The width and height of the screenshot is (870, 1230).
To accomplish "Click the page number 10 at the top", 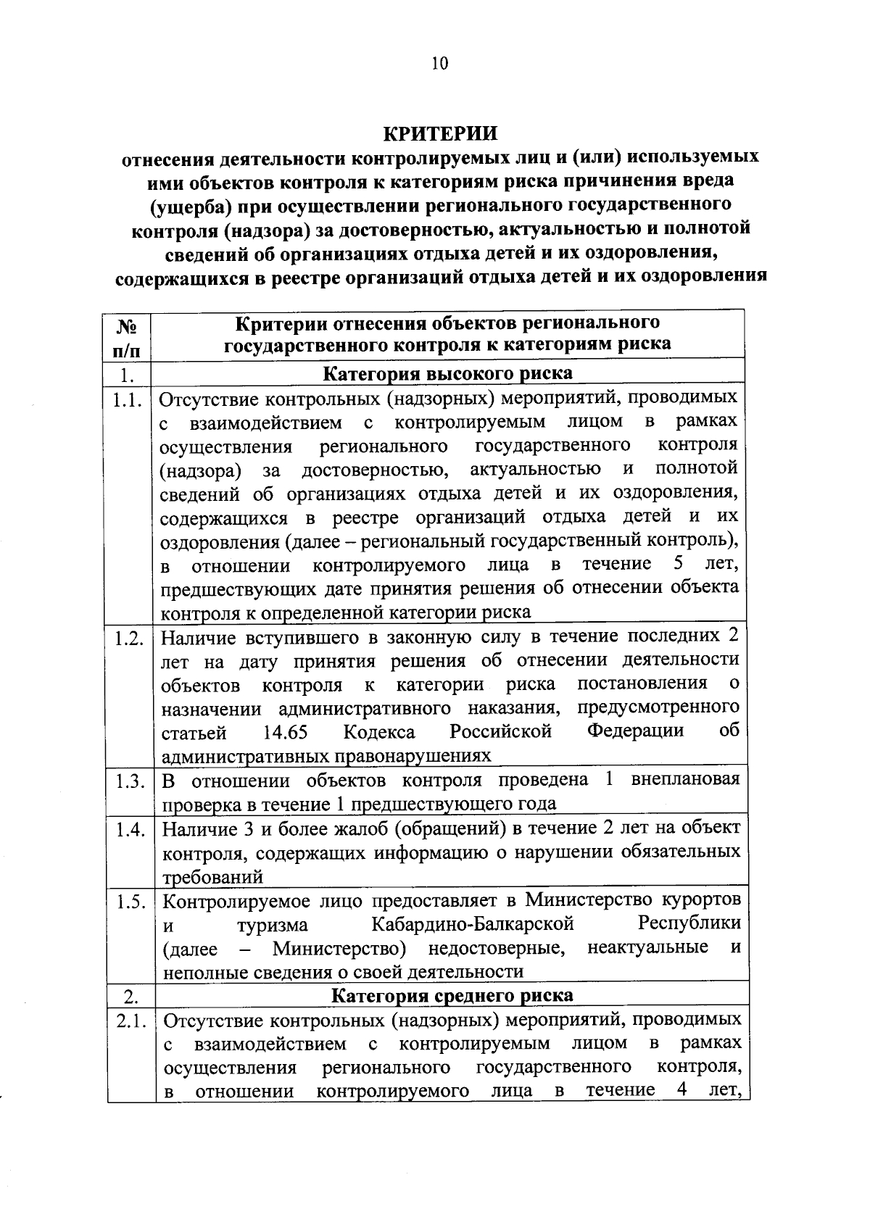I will pyautogui.click(x=440, y=64).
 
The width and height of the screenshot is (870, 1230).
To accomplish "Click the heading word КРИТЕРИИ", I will pyautogui.click(x=440, y=134).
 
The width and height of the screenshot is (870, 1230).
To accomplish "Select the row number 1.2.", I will pyautogui.click(x=128, y=639).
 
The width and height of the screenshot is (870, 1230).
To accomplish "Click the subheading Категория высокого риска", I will pyautogui.click(x=447, y=374).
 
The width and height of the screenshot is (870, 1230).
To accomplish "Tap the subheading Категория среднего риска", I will pyautogui.click(x=452, y=996).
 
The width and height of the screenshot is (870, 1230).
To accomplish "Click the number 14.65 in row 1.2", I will pyautogui.click(x=285, y=732).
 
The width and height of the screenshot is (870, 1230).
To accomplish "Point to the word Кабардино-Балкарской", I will pyautogui.click(x=473, y=926).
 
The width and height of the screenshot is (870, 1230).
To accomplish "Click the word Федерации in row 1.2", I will pyautogui.click(x=635, y=731).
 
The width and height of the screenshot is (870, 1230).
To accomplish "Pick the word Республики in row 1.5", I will pyautogui.click(x=689, y=924).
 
